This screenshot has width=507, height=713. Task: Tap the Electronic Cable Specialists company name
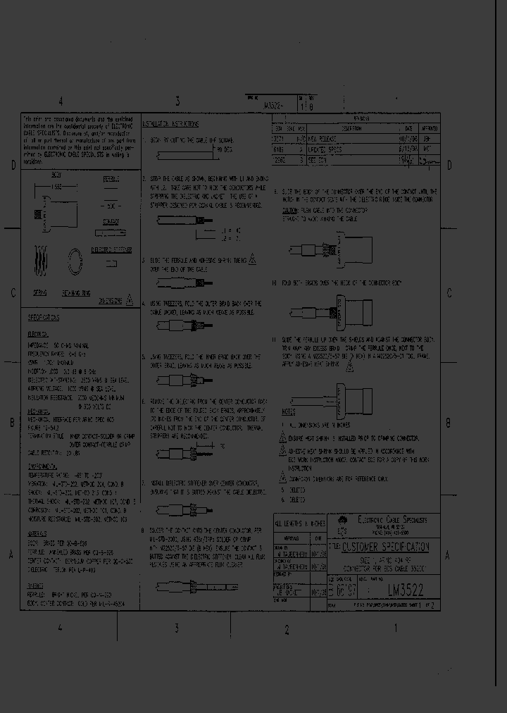coord(397,521)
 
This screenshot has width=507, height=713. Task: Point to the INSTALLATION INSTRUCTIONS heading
coord(171,123)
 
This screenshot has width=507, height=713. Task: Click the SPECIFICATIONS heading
coord(44,318)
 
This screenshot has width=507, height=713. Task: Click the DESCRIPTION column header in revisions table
coord(351,129)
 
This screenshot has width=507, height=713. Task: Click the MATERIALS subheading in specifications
coord(36,533)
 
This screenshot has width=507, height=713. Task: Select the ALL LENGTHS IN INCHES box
coord(299,523)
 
